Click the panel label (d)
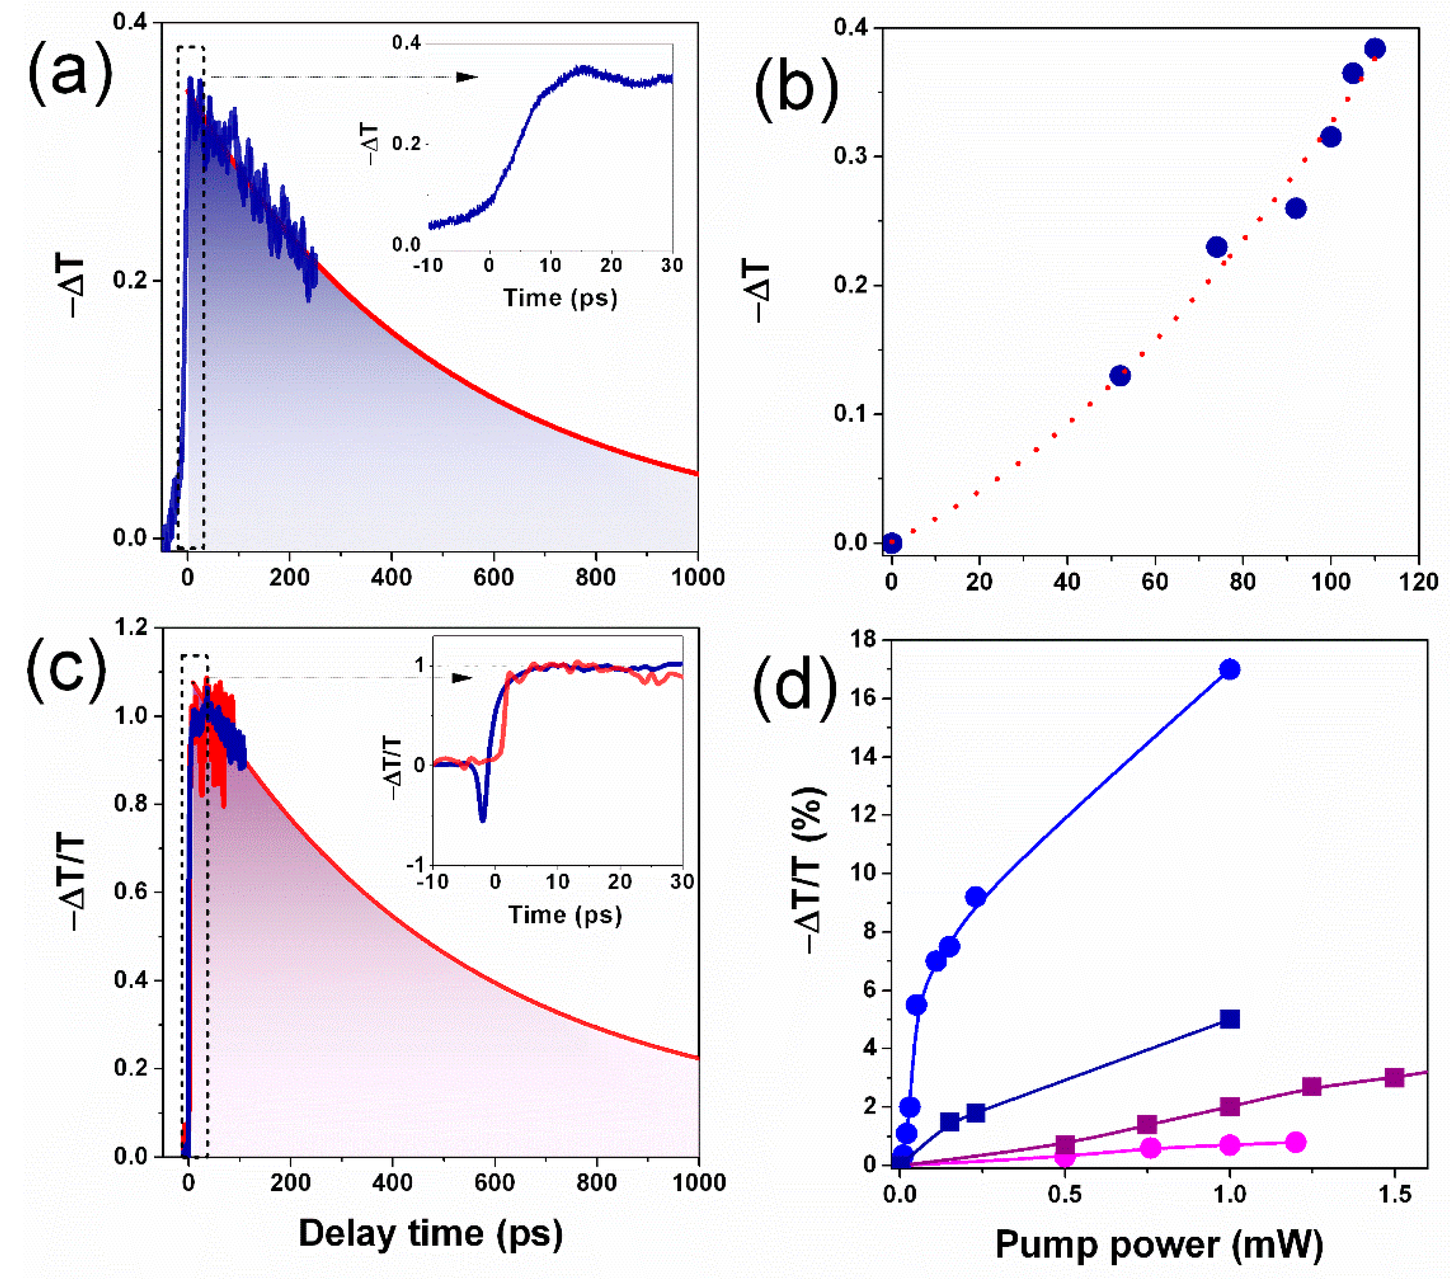[794, 685]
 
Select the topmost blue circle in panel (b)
[1374, 49]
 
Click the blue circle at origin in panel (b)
[892, 543]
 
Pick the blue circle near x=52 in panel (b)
[1120, 376]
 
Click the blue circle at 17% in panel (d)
[1230, 669]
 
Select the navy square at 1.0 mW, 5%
[1230, 1019]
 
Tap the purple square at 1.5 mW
[1394, 1077]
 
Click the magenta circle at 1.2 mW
[1295, 1142]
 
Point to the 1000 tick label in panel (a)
[698, 577]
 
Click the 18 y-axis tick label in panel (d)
[864, 640]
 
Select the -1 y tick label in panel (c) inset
[417, 865]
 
